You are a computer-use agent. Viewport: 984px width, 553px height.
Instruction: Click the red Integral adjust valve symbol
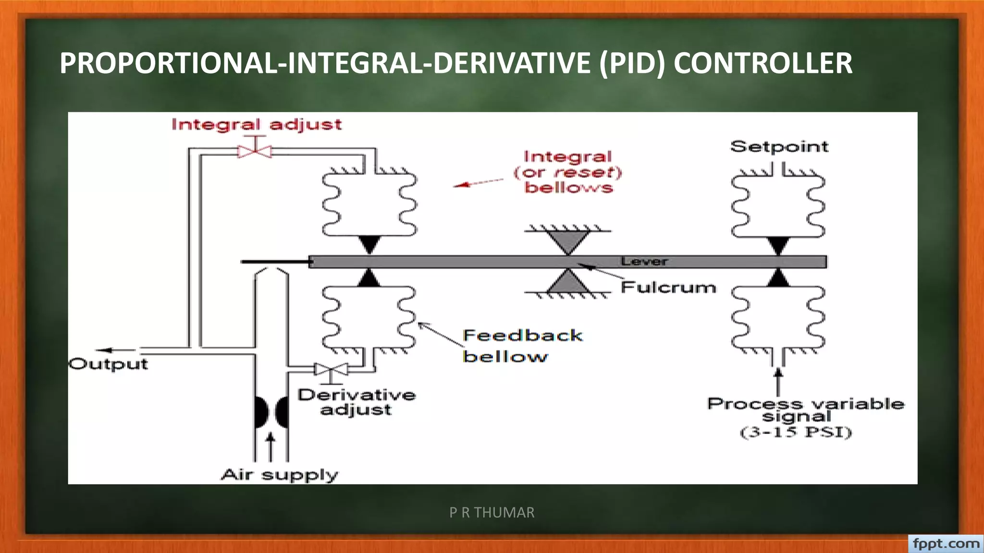tap(255, 151)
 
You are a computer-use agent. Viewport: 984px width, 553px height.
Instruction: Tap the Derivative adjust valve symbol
tap(331, 370)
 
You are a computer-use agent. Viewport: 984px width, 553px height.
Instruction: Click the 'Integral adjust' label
tap(257, 125)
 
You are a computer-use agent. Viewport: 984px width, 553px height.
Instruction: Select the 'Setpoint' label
tap(779, 146)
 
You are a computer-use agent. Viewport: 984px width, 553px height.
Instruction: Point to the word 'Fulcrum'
tap(668, 288)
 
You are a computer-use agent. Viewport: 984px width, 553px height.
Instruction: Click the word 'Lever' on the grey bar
tap(644, 262)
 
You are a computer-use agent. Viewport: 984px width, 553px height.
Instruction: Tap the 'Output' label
tap(109, 364)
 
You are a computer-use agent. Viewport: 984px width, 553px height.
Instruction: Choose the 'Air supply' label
tap(280, 475)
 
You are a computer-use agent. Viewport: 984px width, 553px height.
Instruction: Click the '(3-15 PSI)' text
tap(796, 432)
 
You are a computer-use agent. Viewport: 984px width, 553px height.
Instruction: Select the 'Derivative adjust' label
tap(357, 402)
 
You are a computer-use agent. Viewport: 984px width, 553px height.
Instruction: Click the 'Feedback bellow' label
tap(522, 346)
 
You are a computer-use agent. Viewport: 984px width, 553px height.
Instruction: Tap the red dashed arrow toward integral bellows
tap(478, 182)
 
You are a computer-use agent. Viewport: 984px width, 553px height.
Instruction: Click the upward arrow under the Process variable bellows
tap(778, 381)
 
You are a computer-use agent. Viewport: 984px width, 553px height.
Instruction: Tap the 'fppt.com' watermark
tap(946, 544)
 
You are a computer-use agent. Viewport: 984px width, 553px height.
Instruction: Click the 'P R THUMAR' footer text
tap(492, 513)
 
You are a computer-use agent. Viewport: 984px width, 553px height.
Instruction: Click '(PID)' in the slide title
tap(632, 63)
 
